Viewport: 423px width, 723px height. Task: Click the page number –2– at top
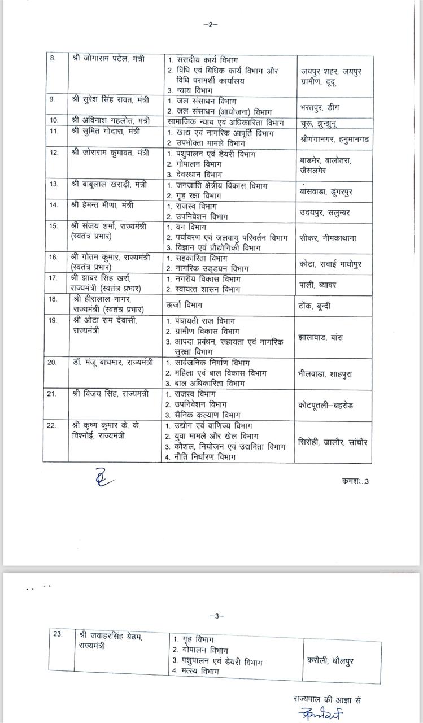210,24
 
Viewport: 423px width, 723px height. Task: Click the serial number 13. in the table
54,184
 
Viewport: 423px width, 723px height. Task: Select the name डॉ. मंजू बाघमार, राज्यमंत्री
112,362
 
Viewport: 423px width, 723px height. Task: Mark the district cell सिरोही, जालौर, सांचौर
332,442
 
